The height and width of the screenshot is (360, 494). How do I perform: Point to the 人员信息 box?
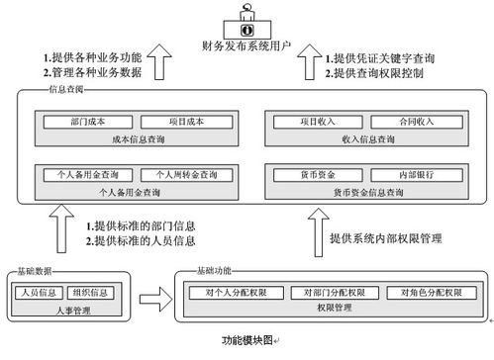coord(38,292)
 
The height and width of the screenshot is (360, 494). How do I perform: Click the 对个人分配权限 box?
coord(237,293)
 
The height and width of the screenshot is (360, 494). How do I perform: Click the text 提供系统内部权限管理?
coord(385,238)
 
